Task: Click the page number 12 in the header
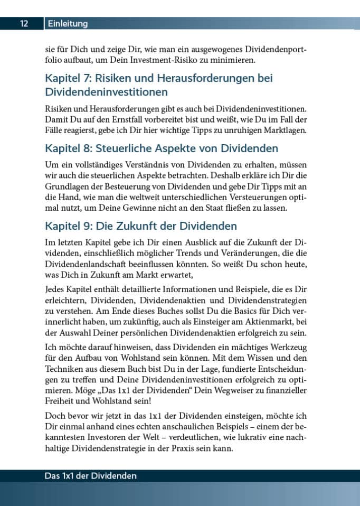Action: tap(24, 24)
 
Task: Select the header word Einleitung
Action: tap(68, 24)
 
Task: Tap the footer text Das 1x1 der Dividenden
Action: tap(91, 476)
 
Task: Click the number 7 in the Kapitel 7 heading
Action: tap(85, 79)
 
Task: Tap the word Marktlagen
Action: tap(284, 130)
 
